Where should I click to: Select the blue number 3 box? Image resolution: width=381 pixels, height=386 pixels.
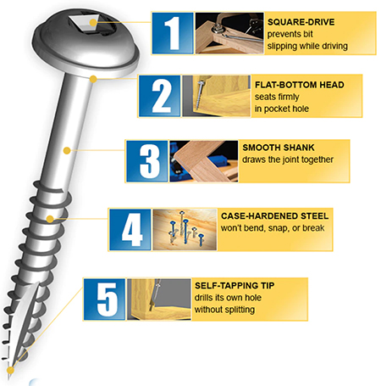[x=148, y=160]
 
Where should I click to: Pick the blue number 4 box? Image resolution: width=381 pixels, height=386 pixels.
[x=130, y=227]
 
